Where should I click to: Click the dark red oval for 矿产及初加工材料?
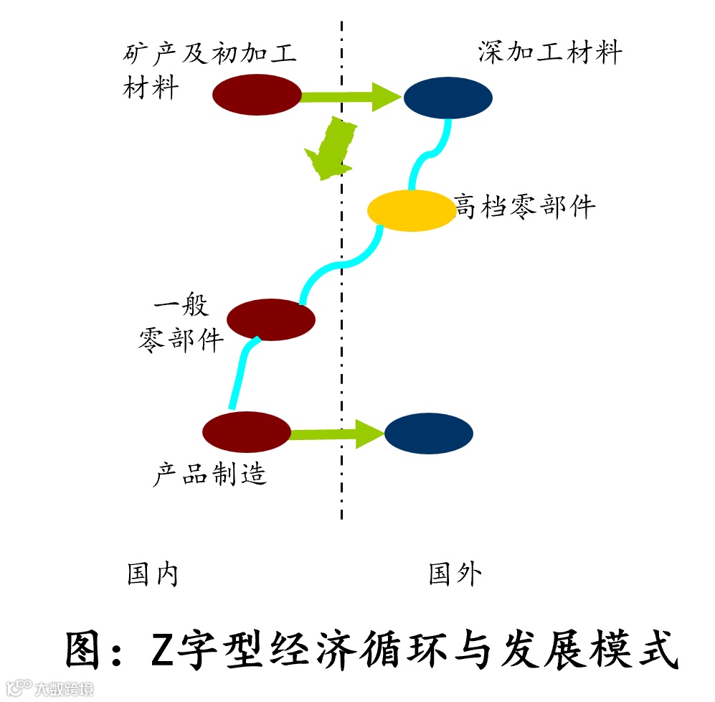pos(257,95)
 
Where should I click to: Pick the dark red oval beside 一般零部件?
pos(271,319)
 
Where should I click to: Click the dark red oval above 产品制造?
pos(247,431)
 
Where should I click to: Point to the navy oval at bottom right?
pos(429,434)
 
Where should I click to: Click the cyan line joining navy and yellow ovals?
pos(430,153)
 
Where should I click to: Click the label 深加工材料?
pos(550,53)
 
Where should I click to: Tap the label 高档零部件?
pos(526,207)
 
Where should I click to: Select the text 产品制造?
pos(210,474)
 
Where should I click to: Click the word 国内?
pos(152,574)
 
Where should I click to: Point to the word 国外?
pos(455,574)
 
